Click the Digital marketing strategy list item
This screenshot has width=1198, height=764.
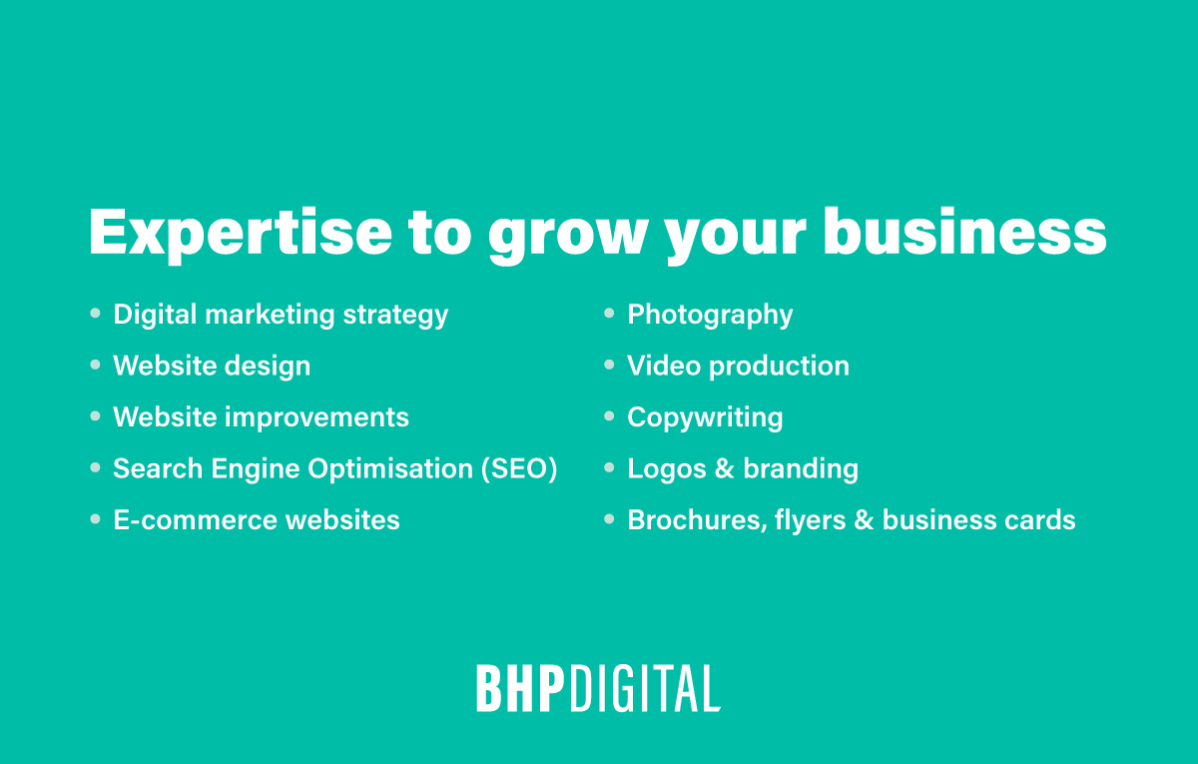(281, 315)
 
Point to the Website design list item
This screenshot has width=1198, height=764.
(212, 367)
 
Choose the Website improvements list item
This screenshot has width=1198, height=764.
(261, 417)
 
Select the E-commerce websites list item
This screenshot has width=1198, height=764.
(257, 520)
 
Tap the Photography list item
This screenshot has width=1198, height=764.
(710, 315)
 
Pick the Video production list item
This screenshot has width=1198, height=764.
(738, 367)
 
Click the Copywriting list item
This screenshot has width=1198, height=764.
(705, 417)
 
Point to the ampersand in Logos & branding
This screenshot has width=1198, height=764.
(725, 468)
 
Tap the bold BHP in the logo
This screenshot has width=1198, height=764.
(520, 689)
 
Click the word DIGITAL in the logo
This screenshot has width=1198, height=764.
(645, 689)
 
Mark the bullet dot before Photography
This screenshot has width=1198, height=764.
(609, 314)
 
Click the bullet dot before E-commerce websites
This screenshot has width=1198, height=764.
(95, 519)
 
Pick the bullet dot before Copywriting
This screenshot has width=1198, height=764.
(609, 416)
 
